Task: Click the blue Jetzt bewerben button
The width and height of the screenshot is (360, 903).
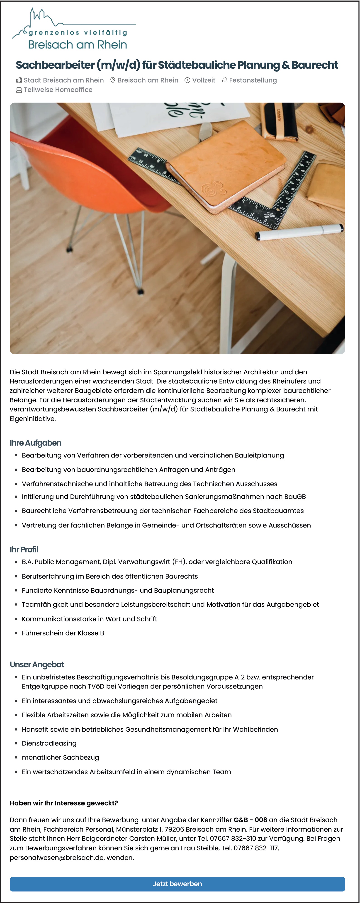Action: [177, 884]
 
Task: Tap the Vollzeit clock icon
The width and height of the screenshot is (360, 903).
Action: [187, 80]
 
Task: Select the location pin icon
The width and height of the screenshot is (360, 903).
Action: [112, 80]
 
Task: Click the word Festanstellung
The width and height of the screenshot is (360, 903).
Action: [253, 80]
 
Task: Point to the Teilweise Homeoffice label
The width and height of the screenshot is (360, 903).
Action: [58, 90]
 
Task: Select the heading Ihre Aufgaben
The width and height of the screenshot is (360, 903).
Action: [35, 443]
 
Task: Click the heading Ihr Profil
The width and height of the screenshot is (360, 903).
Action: [24, 549]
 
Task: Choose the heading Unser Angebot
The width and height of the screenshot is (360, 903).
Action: [37, 664]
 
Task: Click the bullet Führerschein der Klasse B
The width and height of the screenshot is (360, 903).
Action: [63, 633]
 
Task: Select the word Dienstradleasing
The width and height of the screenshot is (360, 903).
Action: [49, 743]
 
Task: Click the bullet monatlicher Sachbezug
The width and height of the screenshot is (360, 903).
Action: [60, 757]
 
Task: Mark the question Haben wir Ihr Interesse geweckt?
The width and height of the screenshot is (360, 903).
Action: [64, 803]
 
